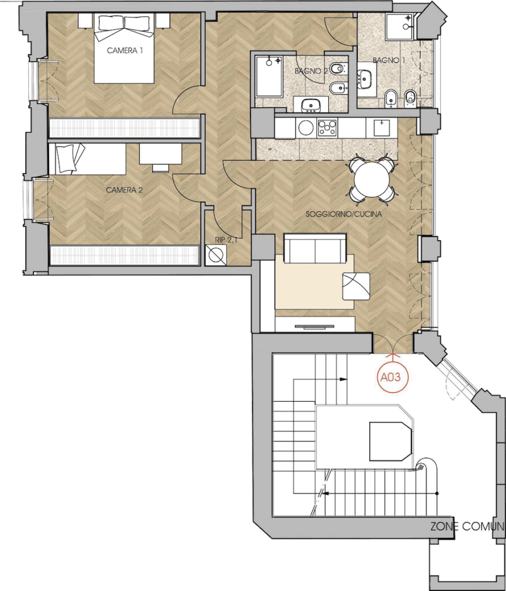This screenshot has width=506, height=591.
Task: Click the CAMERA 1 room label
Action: click(x=125, y=51)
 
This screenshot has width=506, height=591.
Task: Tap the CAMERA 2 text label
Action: click(x=124, y=190)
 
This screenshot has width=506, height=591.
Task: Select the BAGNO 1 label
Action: click(x=386, y=60)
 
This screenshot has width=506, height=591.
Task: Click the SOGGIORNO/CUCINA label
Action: click(x=344, y=214)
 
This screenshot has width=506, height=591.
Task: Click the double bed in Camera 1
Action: click(x=124, y=48)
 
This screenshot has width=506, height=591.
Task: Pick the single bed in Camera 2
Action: click(x=87, y=159)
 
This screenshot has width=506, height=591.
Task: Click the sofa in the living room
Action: click(x=315, y=248)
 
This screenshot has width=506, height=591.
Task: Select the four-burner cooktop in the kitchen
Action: click(x=327, y=128)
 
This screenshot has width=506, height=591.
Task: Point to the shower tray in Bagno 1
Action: click(x=400, y=27)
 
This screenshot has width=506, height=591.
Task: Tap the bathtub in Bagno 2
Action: click(x=269, y=76)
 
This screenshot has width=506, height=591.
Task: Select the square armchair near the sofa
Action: click(x=356, y=286)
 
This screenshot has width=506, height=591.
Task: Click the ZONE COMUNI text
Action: click(x=467, y=526)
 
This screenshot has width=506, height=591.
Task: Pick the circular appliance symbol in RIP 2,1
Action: click(x=216, y=255)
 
